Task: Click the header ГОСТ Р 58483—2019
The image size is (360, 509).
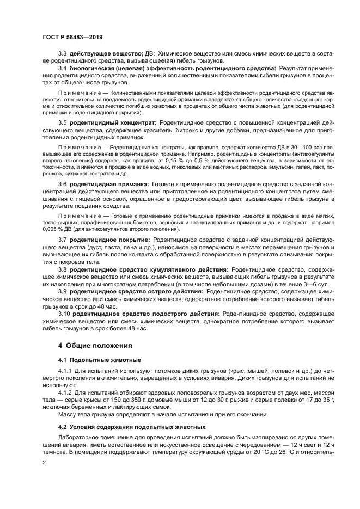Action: (x=72, y=36)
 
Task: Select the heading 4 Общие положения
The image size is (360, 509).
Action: (x=91, y=345)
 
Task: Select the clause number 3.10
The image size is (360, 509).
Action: (x=64, y=314)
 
